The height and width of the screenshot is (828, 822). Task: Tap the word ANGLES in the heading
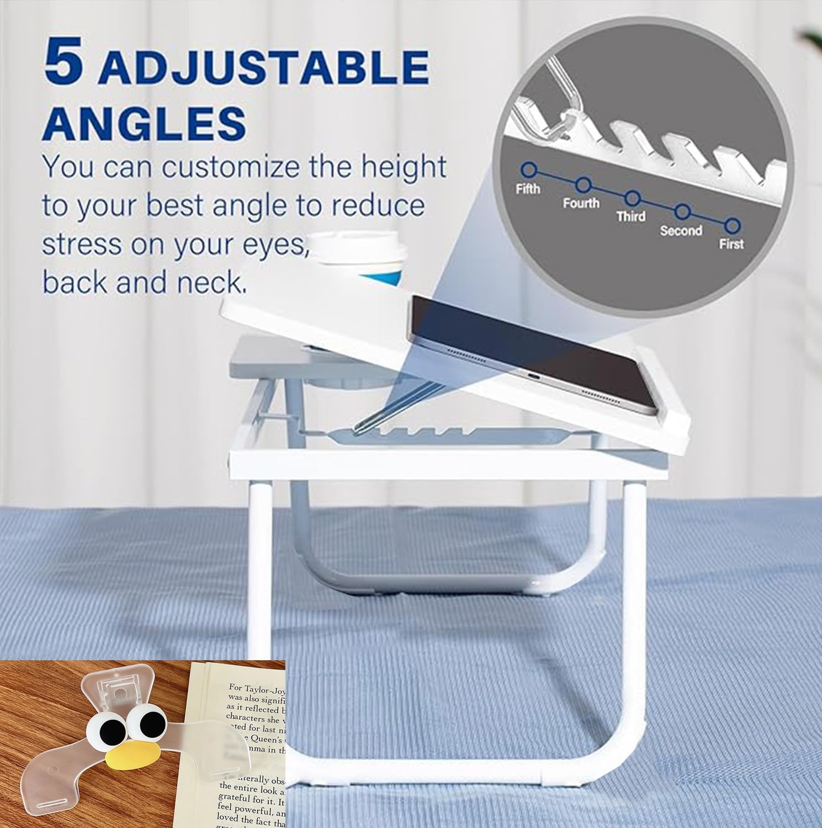pos(144,123)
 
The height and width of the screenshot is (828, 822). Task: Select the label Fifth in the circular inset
pos(528,189)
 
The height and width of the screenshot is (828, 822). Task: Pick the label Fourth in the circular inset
pos(581,203)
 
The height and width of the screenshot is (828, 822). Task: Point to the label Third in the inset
pos(630,216)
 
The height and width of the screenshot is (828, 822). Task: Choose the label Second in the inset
pos(681,230)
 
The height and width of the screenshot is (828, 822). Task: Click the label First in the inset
pos(731,243)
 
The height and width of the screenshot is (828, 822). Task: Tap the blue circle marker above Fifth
pos(529,169)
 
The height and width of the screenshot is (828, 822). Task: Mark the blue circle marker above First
pos(733,225)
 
